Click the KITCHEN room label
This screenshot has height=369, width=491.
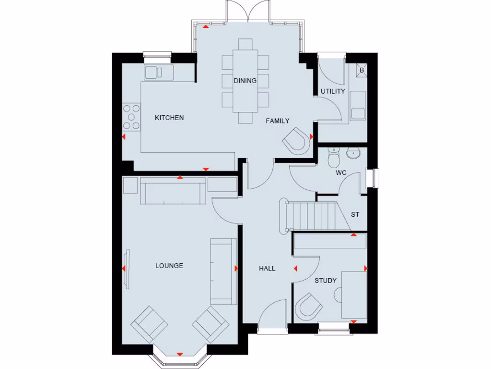pyautogui.click(x=169, y=118)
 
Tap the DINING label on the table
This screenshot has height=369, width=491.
pyautogui.click(x=245, y=81)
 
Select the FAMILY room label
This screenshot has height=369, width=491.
pyautogui.click(x=278, y=121)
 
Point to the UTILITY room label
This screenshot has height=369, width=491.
pyautogui.click(x=333, y=91)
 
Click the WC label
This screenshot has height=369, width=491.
pyautogui.click(x=341, y=172)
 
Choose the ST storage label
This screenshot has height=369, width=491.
pyautogui.click(x=355, y=215)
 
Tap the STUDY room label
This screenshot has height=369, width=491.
pyautogui.click(x=326, y=281)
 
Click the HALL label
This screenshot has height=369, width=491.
pyautogui.click(x=267, y=269)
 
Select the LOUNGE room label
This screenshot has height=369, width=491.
pyautogui.click(x=169, y=266)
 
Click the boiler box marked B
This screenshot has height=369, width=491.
pyautogui.click(x=362, y=70)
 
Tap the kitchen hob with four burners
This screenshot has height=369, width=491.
pyautogui.click(x=131, y=117)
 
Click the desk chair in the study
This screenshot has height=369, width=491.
pyautogui.click(x=308, y=307)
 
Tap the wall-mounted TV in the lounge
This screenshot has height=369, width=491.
pyautogui.click(x=128, y=269)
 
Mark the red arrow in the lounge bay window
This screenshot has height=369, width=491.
pyautogui.click(x=180, y=354)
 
